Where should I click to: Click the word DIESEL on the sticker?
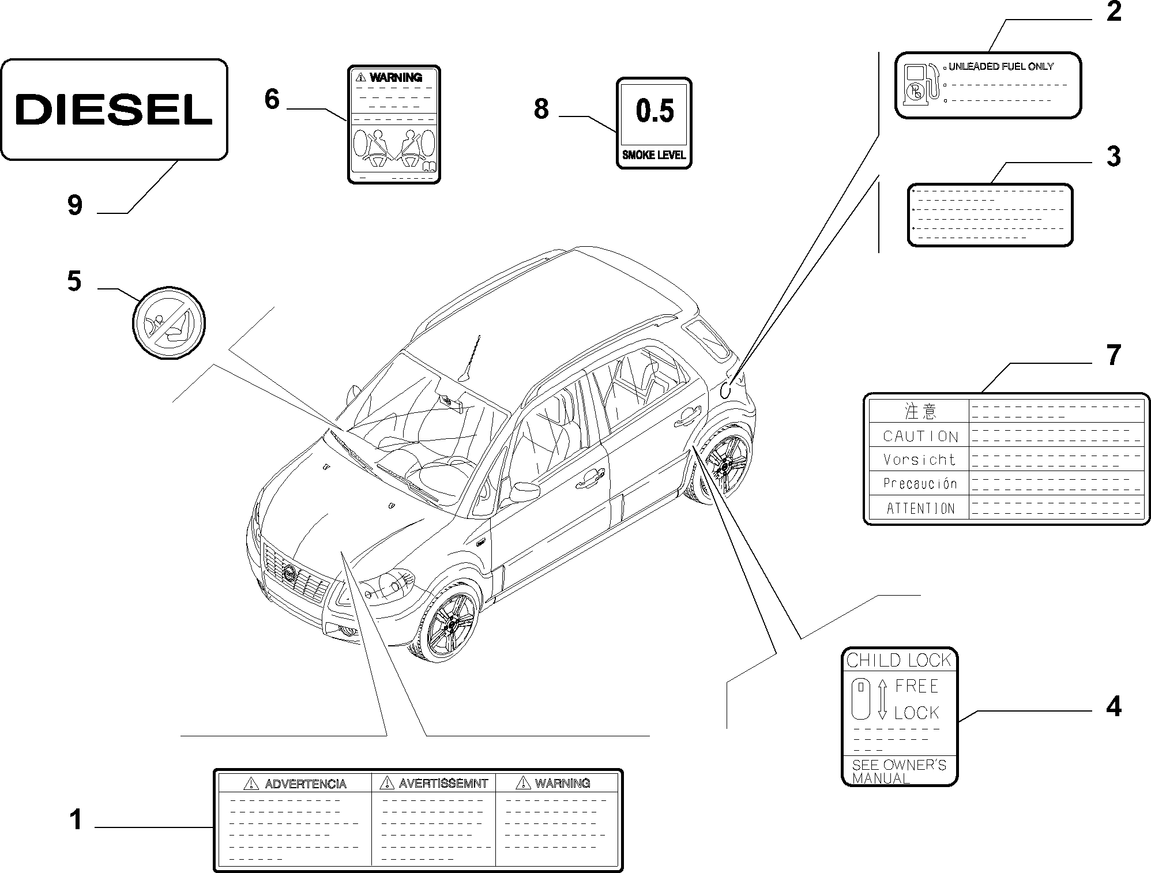click(114, 110)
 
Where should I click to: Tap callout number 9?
click(75, 205)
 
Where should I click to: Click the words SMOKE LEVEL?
click(654, 155)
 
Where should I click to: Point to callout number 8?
click(541, 109)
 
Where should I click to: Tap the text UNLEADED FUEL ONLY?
click(1000, 67)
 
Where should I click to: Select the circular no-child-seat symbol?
click(169, 322)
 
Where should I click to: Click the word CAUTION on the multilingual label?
click(920, 436)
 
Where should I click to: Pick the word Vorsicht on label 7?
click(920, 460)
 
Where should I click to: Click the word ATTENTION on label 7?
click(920, 509)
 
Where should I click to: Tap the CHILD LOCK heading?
click(898, 660)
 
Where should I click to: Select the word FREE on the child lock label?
click(916, 686)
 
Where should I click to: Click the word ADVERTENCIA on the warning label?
click(305, 784)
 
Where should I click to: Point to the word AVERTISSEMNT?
click(443, 784)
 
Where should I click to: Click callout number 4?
click(1114, 707)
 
